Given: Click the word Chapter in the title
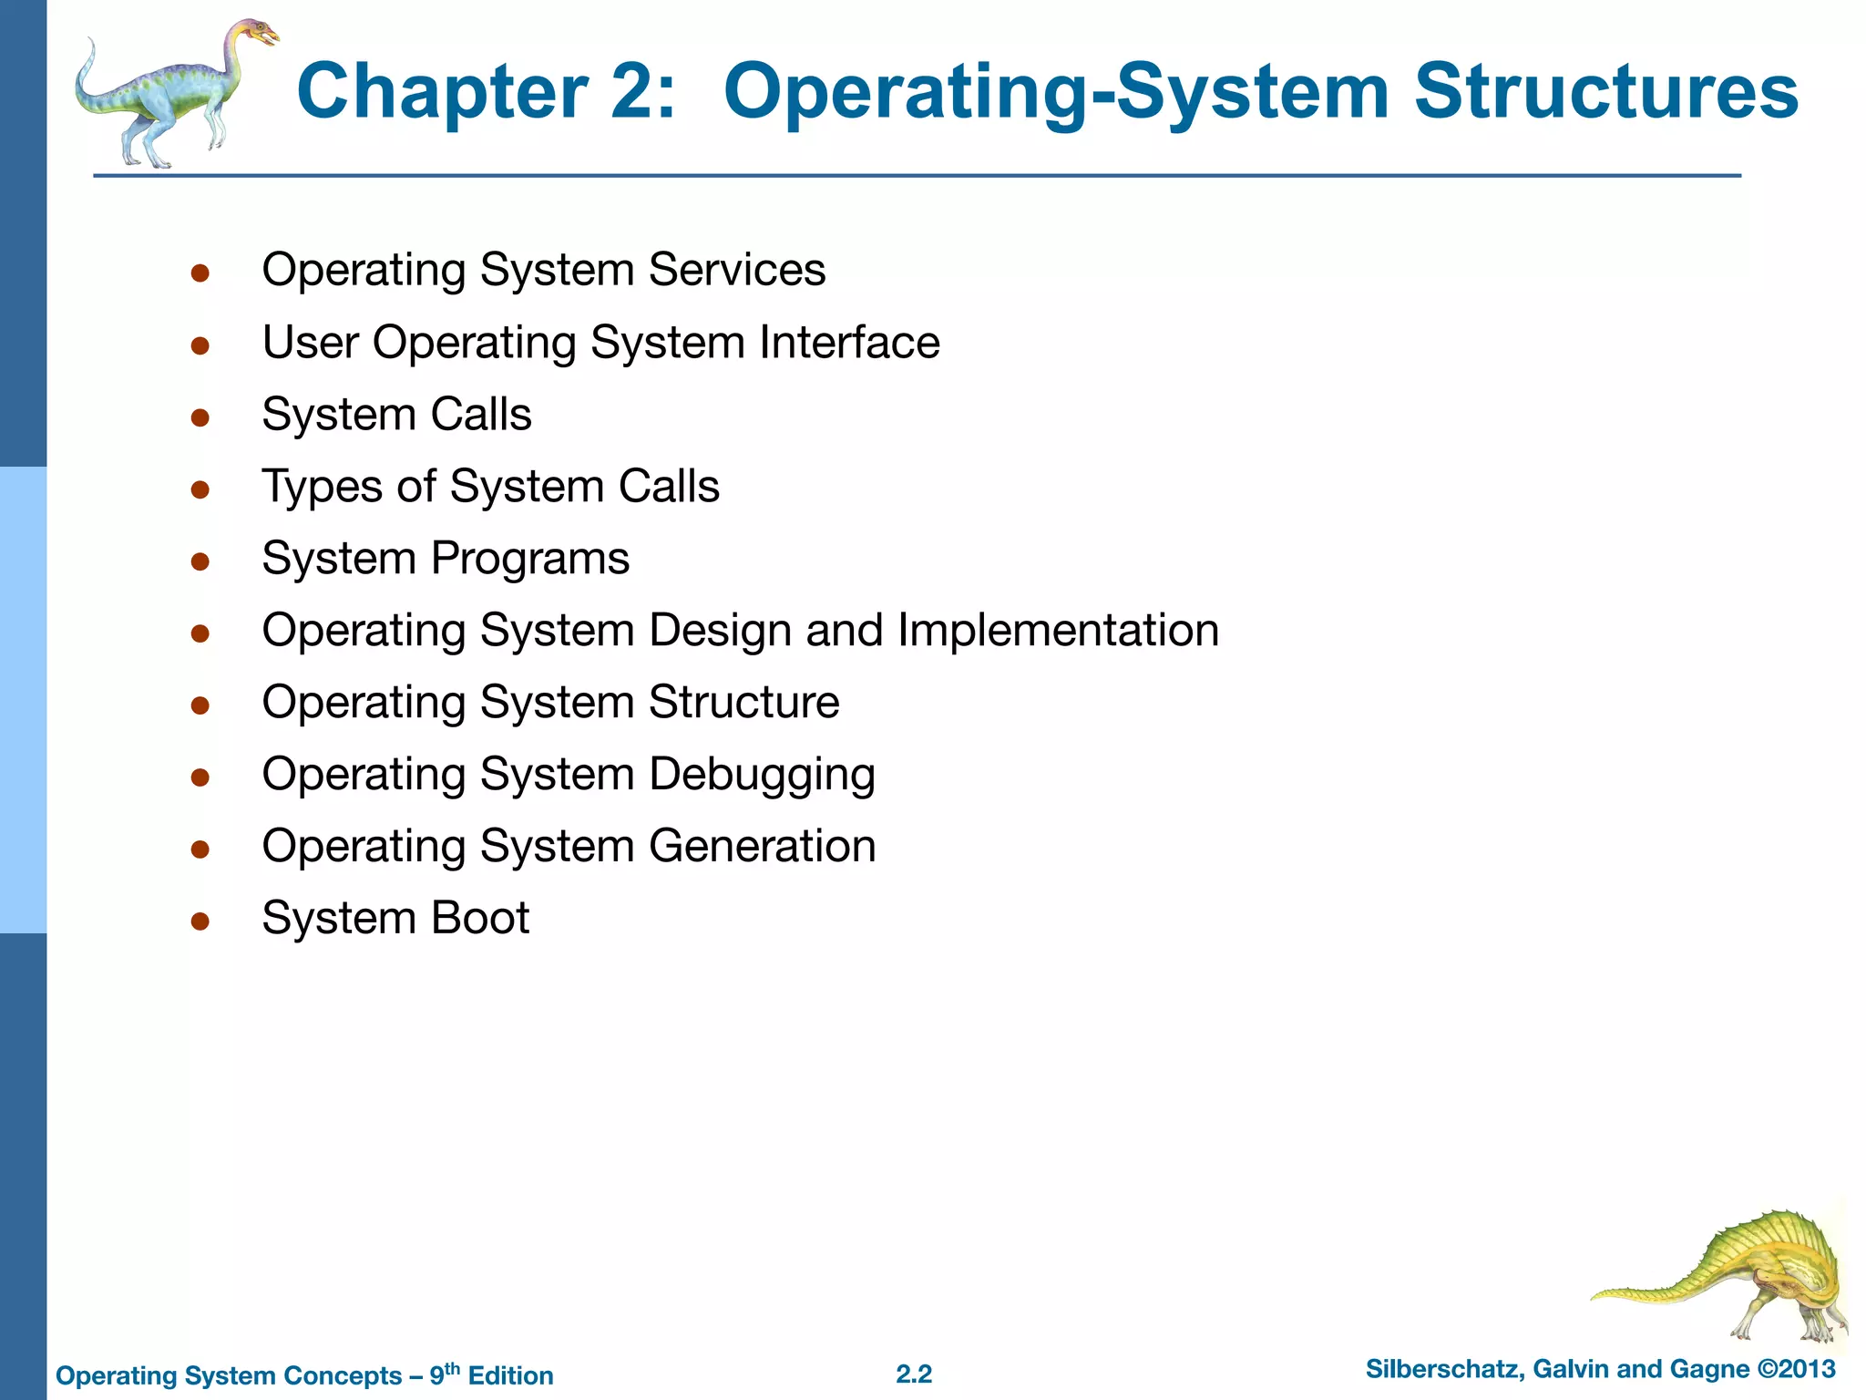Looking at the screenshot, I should [x=442, y=91].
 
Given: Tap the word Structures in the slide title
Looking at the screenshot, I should [x=1605, y=91].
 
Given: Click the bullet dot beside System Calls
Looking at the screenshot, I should [x=200, y=417].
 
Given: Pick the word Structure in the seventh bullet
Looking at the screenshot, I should [x=743, y=702].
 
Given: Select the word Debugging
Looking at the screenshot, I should [x=762, y=775].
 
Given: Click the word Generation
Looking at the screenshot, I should [x=762, y=846].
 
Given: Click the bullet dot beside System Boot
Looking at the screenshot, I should [x=200, y=921].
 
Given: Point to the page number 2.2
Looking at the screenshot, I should [x=914, y=1374].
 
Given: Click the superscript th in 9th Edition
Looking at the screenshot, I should [x=452, y=1367].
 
